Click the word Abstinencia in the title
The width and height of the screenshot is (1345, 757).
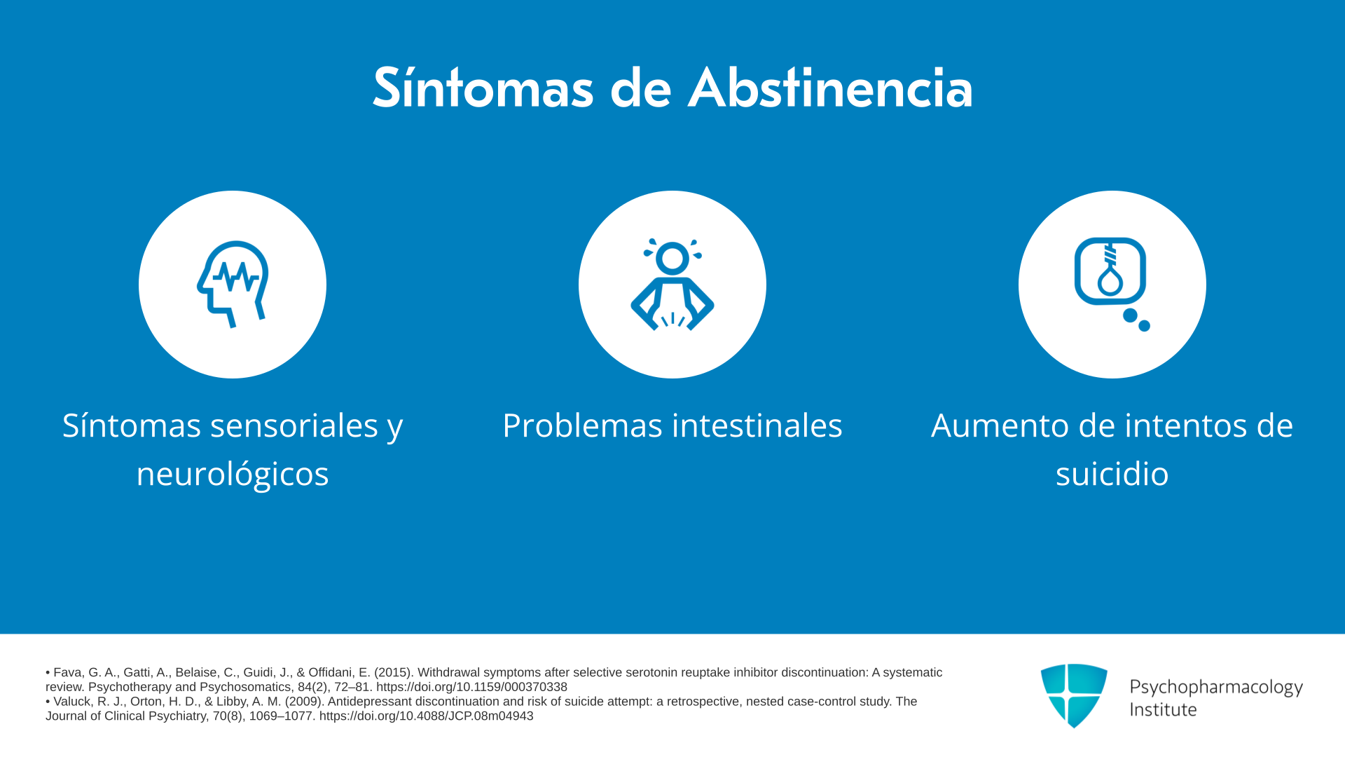pos(830,88)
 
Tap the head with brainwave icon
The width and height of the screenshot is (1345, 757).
pos(233,284)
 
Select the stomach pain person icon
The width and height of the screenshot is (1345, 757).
pos(672,284)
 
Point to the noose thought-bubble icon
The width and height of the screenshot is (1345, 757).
pos(1112,284)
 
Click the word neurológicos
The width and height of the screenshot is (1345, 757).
pos(233,474)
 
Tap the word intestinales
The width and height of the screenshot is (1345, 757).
pos(757,425)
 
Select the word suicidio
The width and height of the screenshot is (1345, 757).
pos(1112,474)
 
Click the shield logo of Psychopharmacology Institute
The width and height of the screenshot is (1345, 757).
pos(1074,695)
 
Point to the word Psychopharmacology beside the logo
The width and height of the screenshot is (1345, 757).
pos(1216,688)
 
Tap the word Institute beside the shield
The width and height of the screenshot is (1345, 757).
pos(1164,710)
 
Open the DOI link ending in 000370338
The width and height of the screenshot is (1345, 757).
pos(471,687)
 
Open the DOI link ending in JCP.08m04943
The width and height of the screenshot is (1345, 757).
pos(426,716)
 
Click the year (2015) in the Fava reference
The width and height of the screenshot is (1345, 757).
pos(392,673)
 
